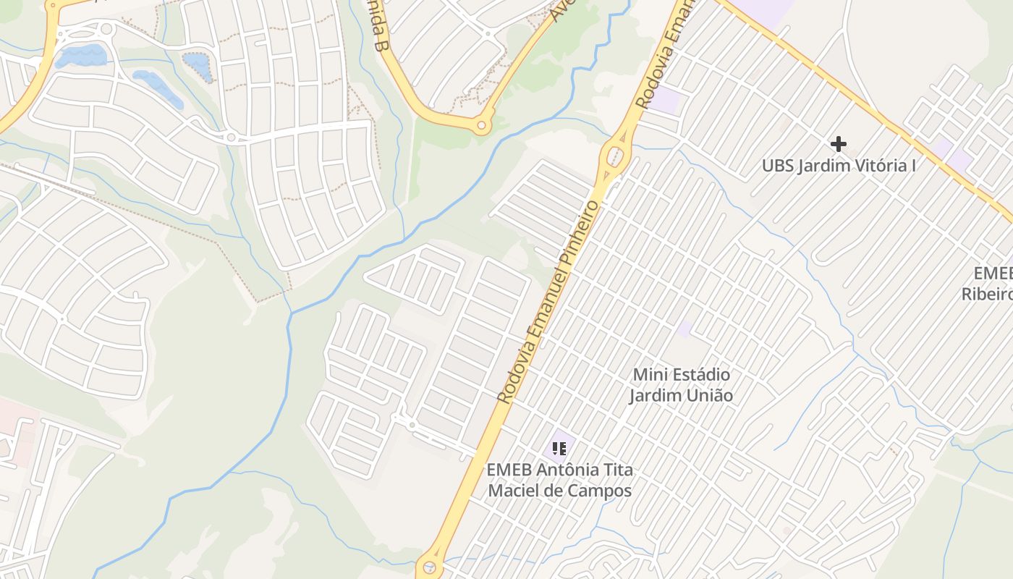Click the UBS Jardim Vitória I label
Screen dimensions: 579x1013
839,166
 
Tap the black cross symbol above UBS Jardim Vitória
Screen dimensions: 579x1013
838,144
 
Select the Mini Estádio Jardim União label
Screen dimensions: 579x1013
681,385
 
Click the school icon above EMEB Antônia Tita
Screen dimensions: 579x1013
559,449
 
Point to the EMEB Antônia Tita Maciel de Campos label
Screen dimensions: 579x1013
559,480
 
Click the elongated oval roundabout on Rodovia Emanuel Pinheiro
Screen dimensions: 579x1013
615,156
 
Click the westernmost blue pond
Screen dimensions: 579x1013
80,55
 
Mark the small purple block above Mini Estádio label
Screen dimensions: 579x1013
684,330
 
